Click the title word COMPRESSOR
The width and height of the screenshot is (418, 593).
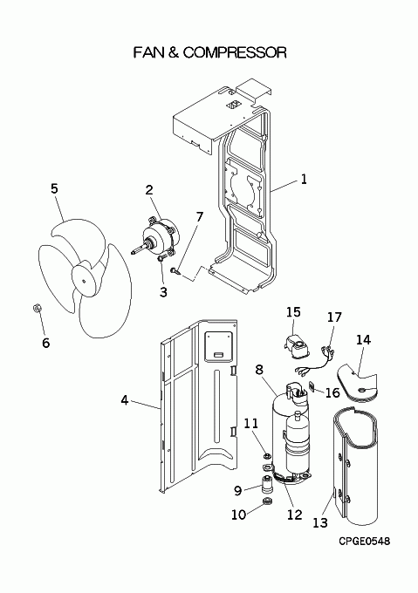pos(235,52)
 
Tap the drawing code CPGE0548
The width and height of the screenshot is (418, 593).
pos(364,542)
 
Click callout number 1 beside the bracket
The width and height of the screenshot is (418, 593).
pos(304,179)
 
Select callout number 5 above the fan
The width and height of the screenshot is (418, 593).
pos(54,188)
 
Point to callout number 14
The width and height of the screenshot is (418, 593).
pos(363,340)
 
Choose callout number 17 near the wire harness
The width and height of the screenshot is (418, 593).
pos(334,317)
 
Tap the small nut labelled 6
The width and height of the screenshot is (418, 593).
pos(37,308)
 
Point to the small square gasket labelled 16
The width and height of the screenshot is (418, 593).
pos(312,387)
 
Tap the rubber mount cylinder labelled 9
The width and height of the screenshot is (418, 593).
pos(266,484)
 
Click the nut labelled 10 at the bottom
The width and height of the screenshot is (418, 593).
pos(267,501)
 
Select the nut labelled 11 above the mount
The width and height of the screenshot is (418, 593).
pos(267,456)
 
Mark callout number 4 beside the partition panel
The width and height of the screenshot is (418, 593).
pos(125,399)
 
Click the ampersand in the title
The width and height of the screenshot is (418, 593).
pos(172,52)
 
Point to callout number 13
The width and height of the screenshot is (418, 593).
pos(319,523)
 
